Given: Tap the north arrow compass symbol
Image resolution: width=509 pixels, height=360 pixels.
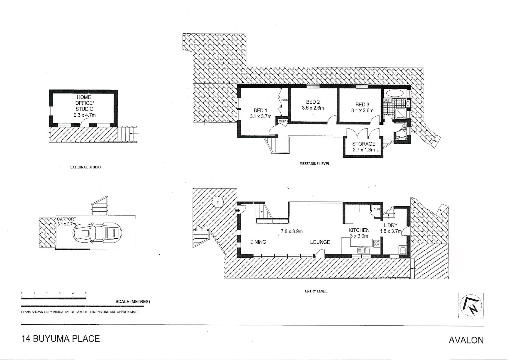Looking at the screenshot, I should [471, 306].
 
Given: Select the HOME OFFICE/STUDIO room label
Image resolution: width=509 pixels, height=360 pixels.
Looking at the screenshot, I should [84, 103].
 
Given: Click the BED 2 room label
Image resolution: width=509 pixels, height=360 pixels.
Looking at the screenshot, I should [313, 102].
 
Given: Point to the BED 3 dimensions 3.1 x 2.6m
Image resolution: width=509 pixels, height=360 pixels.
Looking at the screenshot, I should [362, 111].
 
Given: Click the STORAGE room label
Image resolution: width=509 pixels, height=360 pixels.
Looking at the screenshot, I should [363, 144].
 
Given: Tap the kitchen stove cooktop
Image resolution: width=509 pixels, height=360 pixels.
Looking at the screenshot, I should [376, 243].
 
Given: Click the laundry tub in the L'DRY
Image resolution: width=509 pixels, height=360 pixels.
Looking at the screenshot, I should [402, 250].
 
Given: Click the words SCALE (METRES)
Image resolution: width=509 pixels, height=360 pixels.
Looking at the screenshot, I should [132, 302].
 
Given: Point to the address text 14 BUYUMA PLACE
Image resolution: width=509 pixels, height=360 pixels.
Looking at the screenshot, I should [61, 339].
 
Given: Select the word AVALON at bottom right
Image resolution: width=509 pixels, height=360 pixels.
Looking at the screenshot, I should [466, 340].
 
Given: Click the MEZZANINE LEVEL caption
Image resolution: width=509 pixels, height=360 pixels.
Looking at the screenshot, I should [315, 164].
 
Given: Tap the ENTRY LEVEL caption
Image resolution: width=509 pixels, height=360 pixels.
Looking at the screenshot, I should [316, 291].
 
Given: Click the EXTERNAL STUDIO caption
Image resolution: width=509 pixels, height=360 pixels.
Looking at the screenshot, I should [85, 167].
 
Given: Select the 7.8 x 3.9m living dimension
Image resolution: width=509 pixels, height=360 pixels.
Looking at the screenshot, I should [291, 231].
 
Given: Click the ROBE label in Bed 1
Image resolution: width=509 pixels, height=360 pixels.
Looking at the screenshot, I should [284, 100].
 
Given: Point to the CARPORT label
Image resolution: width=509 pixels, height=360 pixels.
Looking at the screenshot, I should [66, 219].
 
